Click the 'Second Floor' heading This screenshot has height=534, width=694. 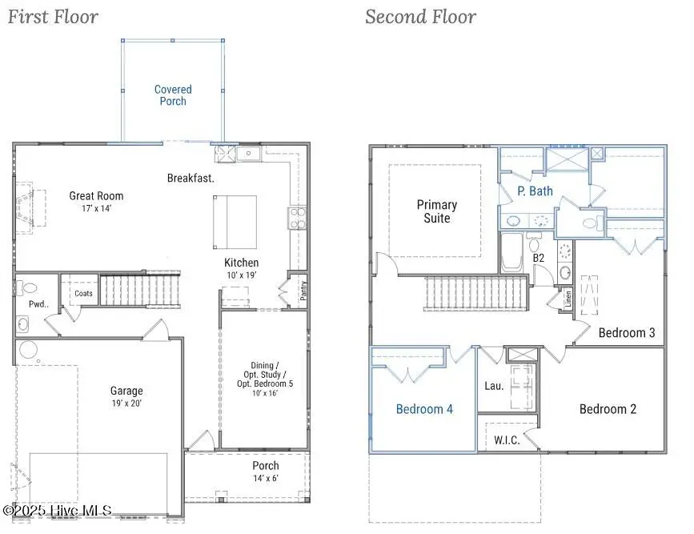point(420,17)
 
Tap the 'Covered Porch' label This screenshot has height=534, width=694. point(173,95)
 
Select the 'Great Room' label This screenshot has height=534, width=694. point(96,195)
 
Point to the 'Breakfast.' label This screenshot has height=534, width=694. point(191,178)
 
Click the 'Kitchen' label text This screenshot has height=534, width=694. point(241,263)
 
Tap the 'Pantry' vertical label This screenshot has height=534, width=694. point(303,290)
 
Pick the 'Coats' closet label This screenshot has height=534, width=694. point(83,294)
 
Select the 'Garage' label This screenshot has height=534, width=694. point(126,391)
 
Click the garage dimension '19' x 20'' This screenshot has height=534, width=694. point(126,404)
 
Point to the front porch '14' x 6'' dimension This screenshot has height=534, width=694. point(266,478)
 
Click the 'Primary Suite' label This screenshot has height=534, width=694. point(436,211)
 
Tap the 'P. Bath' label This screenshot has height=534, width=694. point(535,191)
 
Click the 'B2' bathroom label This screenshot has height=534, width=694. point(539,259)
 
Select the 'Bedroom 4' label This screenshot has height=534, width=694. point(424,409)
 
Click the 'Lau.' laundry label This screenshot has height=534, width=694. point(494,386)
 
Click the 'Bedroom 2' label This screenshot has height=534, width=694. point(608,409)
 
